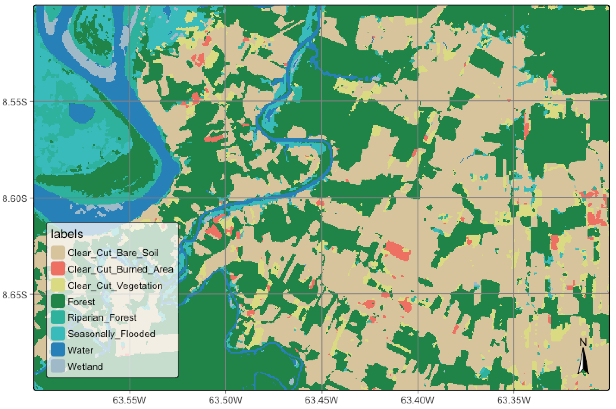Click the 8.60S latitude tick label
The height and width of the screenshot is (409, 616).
(15, 199)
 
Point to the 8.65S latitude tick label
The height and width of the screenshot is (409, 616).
(15, 295)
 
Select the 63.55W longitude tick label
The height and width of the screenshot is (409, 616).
(129, 400)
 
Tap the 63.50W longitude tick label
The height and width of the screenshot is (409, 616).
(225, 400)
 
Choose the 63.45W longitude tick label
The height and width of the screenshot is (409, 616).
(321, 400)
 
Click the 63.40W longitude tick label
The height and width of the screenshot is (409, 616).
(418, 400)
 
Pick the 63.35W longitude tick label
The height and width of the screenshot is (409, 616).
(514, 400)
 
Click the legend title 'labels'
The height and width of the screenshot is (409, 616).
(67, 234)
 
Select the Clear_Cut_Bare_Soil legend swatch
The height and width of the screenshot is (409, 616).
(58, 253)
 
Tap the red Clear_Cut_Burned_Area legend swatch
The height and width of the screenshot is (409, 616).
(58, 269)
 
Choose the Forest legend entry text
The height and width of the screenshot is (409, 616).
(81, 302)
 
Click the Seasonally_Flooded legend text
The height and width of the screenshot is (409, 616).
(111, 334)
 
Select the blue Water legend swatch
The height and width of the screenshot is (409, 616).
(58, 350)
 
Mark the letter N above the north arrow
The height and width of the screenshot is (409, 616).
(583, 342)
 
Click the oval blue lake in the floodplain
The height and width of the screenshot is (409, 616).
(82, 113)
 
